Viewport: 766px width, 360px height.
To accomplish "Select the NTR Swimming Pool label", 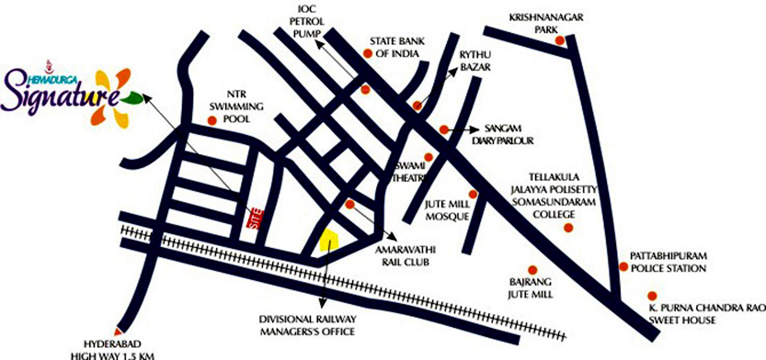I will tap(237, 106).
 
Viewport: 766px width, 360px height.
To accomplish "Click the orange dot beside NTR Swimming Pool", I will tap(212, 120).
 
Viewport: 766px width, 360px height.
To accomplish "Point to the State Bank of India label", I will tap(397, 47).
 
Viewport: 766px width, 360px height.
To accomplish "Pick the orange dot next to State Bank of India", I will tap(367, 53).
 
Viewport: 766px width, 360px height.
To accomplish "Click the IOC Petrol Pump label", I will tap(307, 21).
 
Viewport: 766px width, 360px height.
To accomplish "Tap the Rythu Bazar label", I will tap(475, 61).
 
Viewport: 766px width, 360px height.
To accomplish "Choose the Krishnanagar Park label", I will tap(546, 23).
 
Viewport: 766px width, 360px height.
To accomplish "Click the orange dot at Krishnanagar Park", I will tap(559, 40).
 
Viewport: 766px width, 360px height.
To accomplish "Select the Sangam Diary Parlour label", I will tap(503, 134).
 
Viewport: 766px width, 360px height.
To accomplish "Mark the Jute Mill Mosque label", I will tap(447, 210).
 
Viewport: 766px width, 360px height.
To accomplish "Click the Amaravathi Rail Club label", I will tap(405, 256).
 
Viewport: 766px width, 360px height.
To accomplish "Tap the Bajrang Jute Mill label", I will tap(530, 288).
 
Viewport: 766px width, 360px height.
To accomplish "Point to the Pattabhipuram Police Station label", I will tap(668, 262).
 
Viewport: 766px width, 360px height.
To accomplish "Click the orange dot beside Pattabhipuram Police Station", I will tap(623, 266).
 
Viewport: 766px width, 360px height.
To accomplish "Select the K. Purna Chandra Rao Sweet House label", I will tap(707, 314).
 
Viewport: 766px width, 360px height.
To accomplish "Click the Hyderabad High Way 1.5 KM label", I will tap(112, 350).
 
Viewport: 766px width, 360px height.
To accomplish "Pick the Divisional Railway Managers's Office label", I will tap(307, 325).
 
